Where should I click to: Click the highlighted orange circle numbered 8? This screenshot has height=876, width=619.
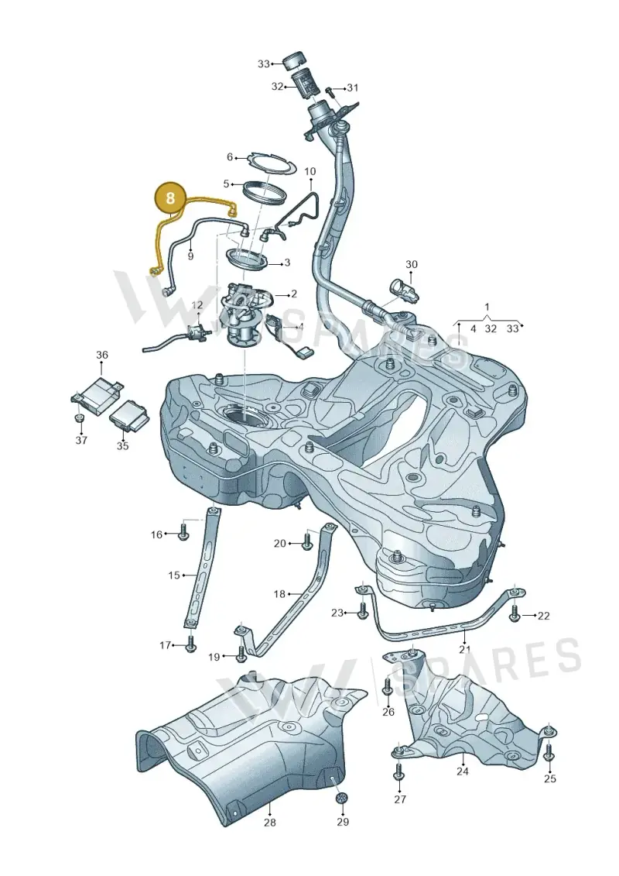click(171, 198)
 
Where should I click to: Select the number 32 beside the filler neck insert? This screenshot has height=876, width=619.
click(278, 87)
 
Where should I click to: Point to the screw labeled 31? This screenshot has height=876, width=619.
click(330, 89)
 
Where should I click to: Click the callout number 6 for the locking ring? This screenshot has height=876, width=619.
click(229, 157)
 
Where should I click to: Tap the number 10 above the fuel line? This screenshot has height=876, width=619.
click(309, 171)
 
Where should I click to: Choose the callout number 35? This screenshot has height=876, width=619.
click(122, 446)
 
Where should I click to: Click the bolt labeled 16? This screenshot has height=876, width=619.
click(183, 532)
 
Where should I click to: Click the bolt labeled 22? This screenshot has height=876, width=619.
click(515, 614)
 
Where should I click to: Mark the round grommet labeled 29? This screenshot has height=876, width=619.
click(340, 799)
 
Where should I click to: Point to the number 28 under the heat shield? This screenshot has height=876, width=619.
click(269, 823)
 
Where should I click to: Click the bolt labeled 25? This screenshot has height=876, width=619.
click(549, 751)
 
